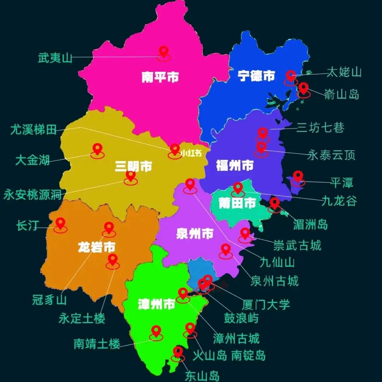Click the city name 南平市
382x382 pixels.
(160, 77)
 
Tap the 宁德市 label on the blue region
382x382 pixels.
(256, 75)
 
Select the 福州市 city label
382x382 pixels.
(235, 165)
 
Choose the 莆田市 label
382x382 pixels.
(237, 203)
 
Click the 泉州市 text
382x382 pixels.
(195, 233)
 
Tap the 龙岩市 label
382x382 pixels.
(97, 247)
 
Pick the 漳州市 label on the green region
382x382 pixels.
(156, 304)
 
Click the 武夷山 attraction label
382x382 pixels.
(55, 58)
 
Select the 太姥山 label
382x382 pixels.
(344, 72)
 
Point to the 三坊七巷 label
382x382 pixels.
(320, 128)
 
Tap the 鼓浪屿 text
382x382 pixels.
(241, 318)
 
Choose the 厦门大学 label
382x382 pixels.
(266, 304)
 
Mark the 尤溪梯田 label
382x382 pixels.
(34, 130)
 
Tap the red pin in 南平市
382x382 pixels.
(163, 52)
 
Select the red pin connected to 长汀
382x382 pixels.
(60, 223)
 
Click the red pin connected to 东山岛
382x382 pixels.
(178, 352)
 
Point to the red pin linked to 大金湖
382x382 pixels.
(97, 149)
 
